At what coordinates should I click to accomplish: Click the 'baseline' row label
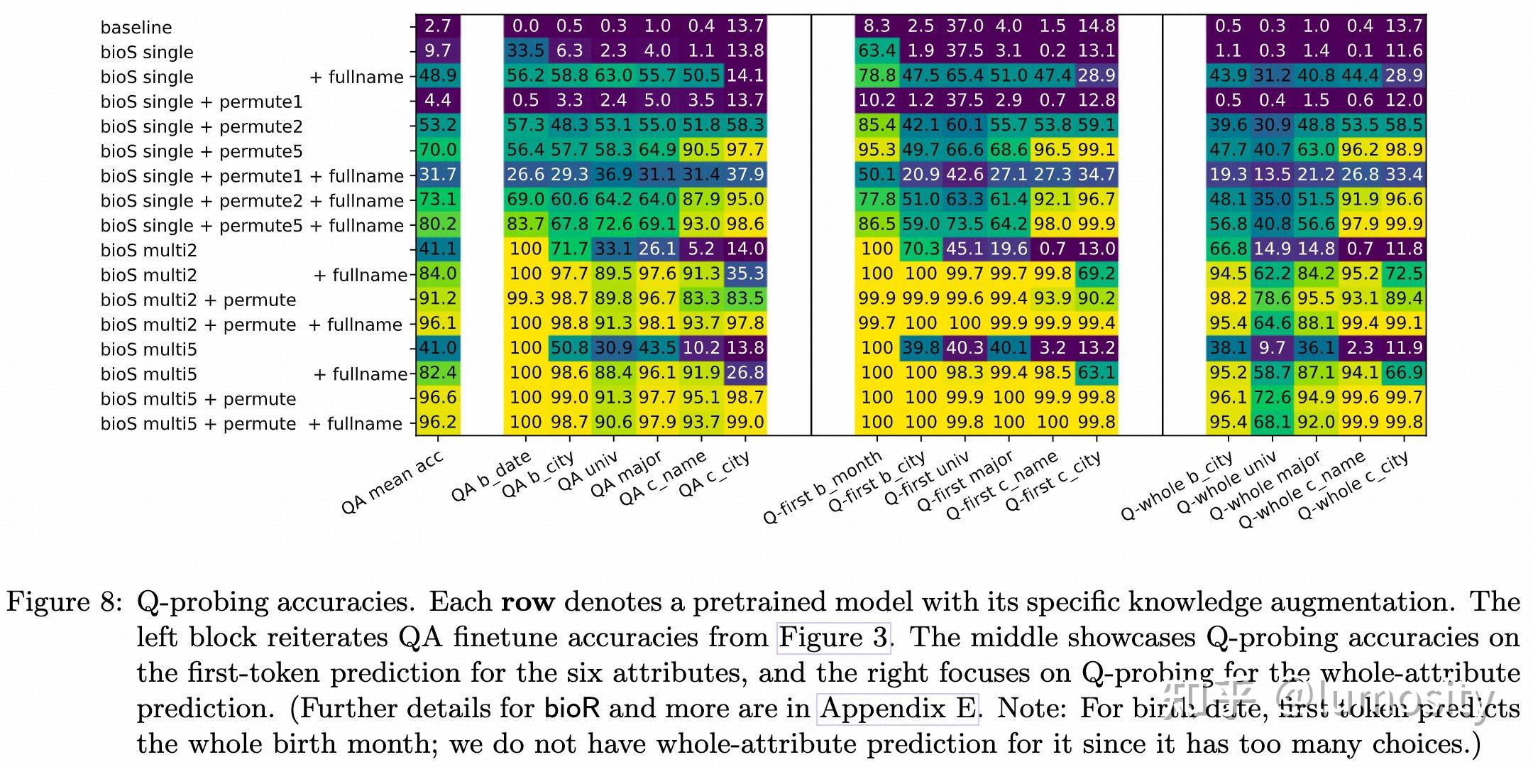pyautogui.click(x=136, y=28)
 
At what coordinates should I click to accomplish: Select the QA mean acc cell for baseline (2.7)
pyautogui.click(x=438, y=26)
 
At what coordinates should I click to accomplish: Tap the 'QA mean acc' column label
pyautogui.click(x=392, y=483)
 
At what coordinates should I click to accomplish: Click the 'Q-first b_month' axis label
pyautogui.click(x=823, y=487)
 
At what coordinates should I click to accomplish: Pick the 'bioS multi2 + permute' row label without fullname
pyautogui.click(x=198, y=300)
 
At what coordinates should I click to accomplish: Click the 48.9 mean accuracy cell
pyautogui.click(x=438, y=76)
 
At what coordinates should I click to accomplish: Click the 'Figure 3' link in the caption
pyautogui.click(x=833, y=637)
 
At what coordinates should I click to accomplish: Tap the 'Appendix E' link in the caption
pyautogui.click(x=898, y=708)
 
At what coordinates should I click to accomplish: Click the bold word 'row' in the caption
pyautogui.click(x=527, y=602)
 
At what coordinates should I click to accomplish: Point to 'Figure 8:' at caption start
pyautogui.click(x=65, y=602)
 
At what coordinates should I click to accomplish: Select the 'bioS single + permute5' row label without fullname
pyautogui.click(x=202, y=151)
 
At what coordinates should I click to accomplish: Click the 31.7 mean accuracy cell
pyautogui.click(x=438, y=175)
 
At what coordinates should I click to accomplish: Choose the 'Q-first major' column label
pyautogui.click(x=965, y=482)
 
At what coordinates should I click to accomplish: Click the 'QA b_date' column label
pyautogui.click(x=491, y=477)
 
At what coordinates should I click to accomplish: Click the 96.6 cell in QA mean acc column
pyautogui.click(x=438, y=398)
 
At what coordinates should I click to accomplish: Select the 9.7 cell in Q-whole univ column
pyautogui.click(x=1273, y=348)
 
